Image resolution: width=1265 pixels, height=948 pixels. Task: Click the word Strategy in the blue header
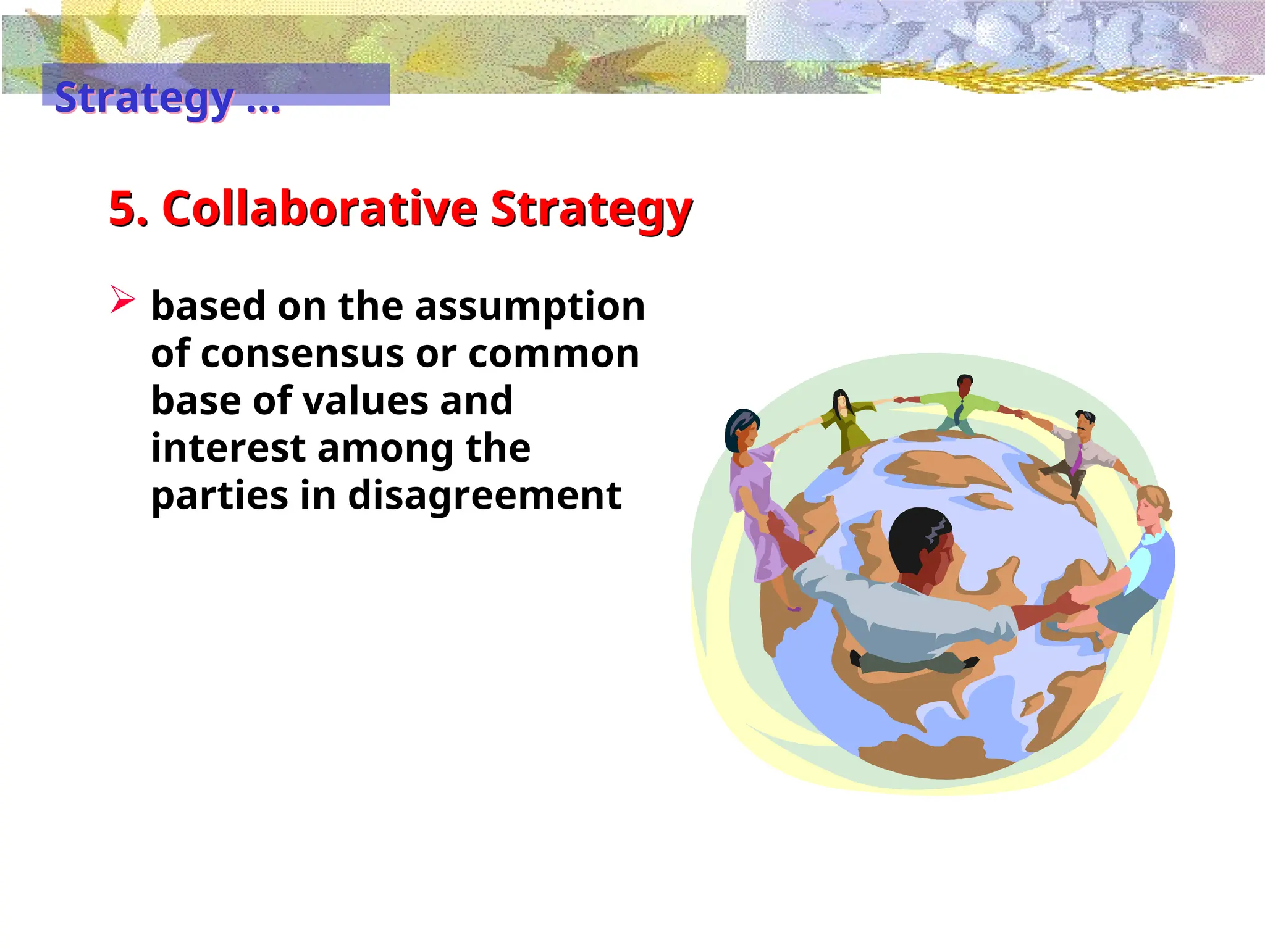(144, 98)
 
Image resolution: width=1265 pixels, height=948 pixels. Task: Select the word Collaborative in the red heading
(319, 209)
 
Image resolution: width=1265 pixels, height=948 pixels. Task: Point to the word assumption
(530, 307)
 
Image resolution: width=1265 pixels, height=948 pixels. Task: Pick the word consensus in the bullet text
(300, 354)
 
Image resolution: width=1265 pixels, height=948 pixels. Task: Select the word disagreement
(485, 495)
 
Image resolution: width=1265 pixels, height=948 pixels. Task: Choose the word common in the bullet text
(553, 354)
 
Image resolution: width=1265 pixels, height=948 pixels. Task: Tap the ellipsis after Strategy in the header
(263, 105)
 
